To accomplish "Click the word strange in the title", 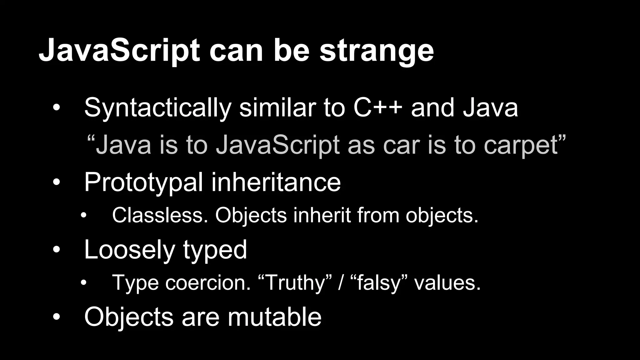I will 377,52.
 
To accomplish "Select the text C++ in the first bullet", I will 378,108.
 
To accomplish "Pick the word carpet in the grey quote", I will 521,146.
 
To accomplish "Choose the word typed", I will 215,250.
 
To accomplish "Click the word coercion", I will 208,282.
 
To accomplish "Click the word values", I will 447,282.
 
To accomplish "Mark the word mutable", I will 274,317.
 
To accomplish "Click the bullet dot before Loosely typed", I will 56,250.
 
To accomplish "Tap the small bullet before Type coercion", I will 83,283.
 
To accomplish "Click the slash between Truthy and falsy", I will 341,283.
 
